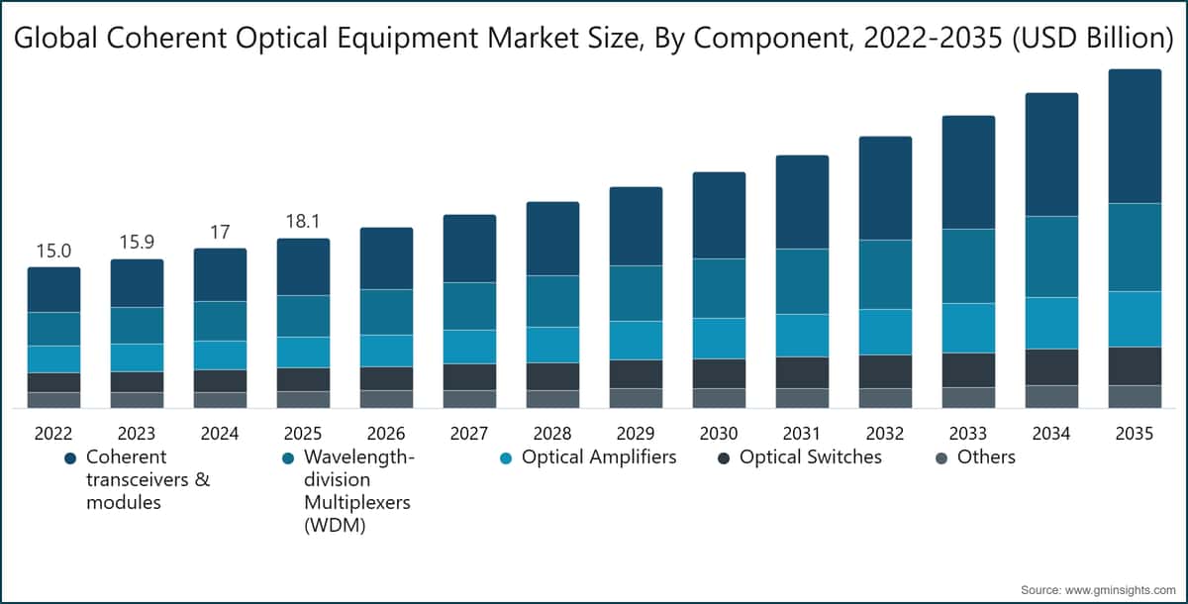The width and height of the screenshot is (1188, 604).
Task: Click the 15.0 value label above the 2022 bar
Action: pyautogui.click(x=53, y=251)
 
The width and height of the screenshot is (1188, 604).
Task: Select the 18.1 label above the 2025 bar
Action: pyautogui.click(x=303, y=221)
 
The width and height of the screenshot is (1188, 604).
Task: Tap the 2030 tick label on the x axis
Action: pyautogui.click(x=719, y=433)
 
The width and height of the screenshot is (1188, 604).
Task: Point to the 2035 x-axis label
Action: pyautogui.click(x=1135, y=433)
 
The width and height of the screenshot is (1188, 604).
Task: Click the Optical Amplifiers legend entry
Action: pyautogui.click(x=599, y=457)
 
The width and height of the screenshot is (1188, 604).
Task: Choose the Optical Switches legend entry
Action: pyautogui.click(x=810, y=457)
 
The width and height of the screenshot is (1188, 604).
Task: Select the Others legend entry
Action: pyautogui.click(x=985, y=457)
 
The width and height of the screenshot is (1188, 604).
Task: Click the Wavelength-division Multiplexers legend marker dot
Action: pyautogui.click(x=288, y=458)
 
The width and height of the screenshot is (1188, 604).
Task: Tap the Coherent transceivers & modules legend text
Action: pyautogui.click(x=126, y=479)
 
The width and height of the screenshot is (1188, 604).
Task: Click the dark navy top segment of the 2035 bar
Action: pyautogui.click(x=1135, y=136)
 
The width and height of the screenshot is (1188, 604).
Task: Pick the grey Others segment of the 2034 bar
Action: pyautogui.click(x=1051, y=396)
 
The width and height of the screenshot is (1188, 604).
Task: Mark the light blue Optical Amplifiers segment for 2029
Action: pyautogui.click(x=636, y=340)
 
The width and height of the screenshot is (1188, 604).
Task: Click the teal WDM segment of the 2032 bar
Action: pyautogui.click(x=885, y=274)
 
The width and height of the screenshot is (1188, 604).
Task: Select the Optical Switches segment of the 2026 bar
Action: pyautogui.click(x=386, y=378)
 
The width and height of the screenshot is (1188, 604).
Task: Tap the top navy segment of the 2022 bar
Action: pyautogui.click(x=53, y=289)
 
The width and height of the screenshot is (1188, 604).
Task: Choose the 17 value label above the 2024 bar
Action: pyautogui.click(x=220, y=232)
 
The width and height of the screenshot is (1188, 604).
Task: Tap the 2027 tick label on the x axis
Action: pyautogui.click(x=469, y=433)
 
